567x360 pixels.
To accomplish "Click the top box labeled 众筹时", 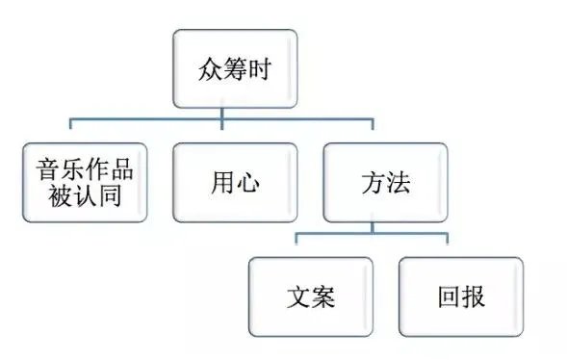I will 222,69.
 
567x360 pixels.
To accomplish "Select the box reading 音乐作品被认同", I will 84,182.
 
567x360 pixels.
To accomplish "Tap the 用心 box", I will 234,182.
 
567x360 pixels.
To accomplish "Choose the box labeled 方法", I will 385,182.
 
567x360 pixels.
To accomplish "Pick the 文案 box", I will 310,296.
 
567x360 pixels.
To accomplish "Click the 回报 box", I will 460,296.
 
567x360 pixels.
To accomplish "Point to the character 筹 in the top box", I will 222,69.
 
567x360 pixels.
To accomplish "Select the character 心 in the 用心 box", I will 246,183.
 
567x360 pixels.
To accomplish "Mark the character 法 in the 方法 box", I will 398,183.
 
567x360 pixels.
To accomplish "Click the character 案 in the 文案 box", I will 322,296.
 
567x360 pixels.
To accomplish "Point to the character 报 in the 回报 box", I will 473,296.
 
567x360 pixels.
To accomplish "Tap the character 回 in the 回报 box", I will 448,296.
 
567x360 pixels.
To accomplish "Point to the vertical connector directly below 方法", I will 373,227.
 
